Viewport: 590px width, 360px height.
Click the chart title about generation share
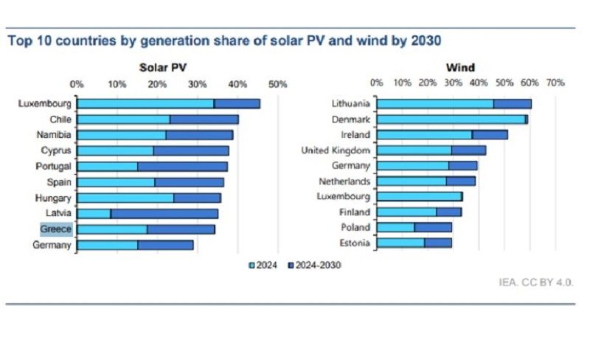point(225,41)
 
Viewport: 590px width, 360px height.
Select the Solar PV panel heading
point(163,68)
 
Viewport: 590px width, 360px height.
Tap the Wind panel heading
point(460,68)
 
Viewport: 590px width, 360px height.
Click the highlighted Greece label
point(56,229)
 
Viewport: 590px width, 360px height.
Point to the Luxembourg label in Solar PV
point(45,104)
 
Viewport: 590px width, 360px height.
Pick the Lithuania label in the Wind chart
point(350,104)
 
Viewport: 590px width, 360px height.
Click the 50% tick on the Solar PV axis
point(277,84)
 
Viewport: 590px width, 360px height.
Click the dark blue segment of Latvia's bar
point(164,214)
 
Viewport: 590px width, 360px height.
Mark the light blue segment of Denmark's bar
point(450,120)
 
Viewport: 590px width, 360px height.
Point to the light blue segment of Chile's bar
point(123,120)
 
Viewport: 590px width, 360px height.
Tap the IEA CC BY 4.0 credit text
point(535,283)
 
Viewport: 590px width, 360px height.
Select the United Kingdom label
point(336,150)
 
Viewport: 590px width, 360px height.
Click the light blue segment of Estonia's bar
point(400,243)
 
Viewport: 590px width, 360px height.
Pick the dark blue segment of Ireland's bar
point(490,135)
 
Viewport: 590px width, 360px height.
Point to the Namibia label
point(54,135)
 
